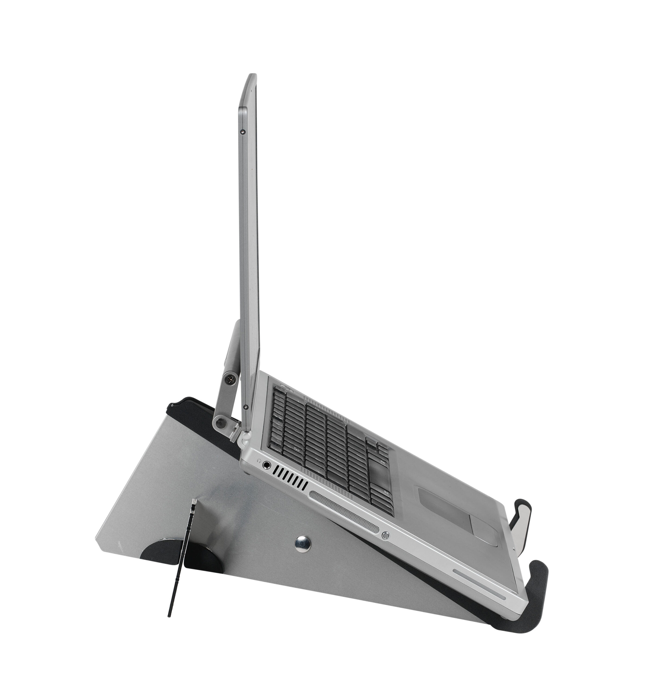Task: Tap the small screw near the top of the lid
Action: (x=242, y=132)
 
